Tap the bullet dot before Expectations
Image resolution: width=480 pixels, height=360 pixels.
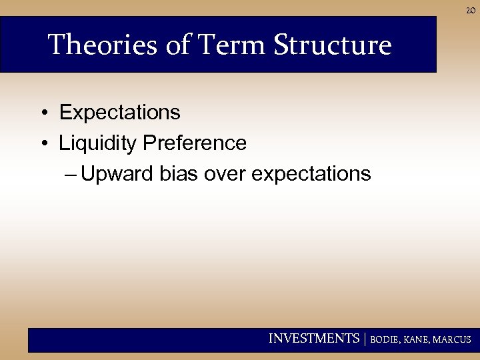coord(42,113)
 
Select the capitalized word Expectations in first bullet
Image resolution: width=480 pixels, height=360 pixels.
coord(120,113)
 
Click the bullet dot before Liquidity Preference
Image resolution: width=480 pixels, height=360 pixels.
coord(42,143)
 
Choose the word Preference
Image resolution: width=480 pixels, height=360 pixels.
coord(193,143)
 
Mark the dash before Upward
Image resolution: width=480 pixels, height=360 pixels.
coord(71,174)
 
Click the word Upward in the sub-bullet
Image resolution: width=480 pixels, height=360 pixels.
coord(119,174)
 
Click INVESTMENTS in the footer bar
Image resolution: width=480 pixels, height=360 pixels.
coord(313,339)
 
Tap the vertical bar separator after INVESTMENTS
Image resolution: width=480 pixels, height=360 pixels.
coord(364,339)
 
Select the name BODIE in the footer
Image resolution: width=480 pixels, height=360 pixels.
coord(385,340)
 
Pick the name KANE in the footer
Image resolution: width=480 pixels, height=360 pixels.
coord(417,340)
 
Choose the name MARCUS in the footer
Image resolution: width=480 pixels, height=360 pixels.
coord(453,340)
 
